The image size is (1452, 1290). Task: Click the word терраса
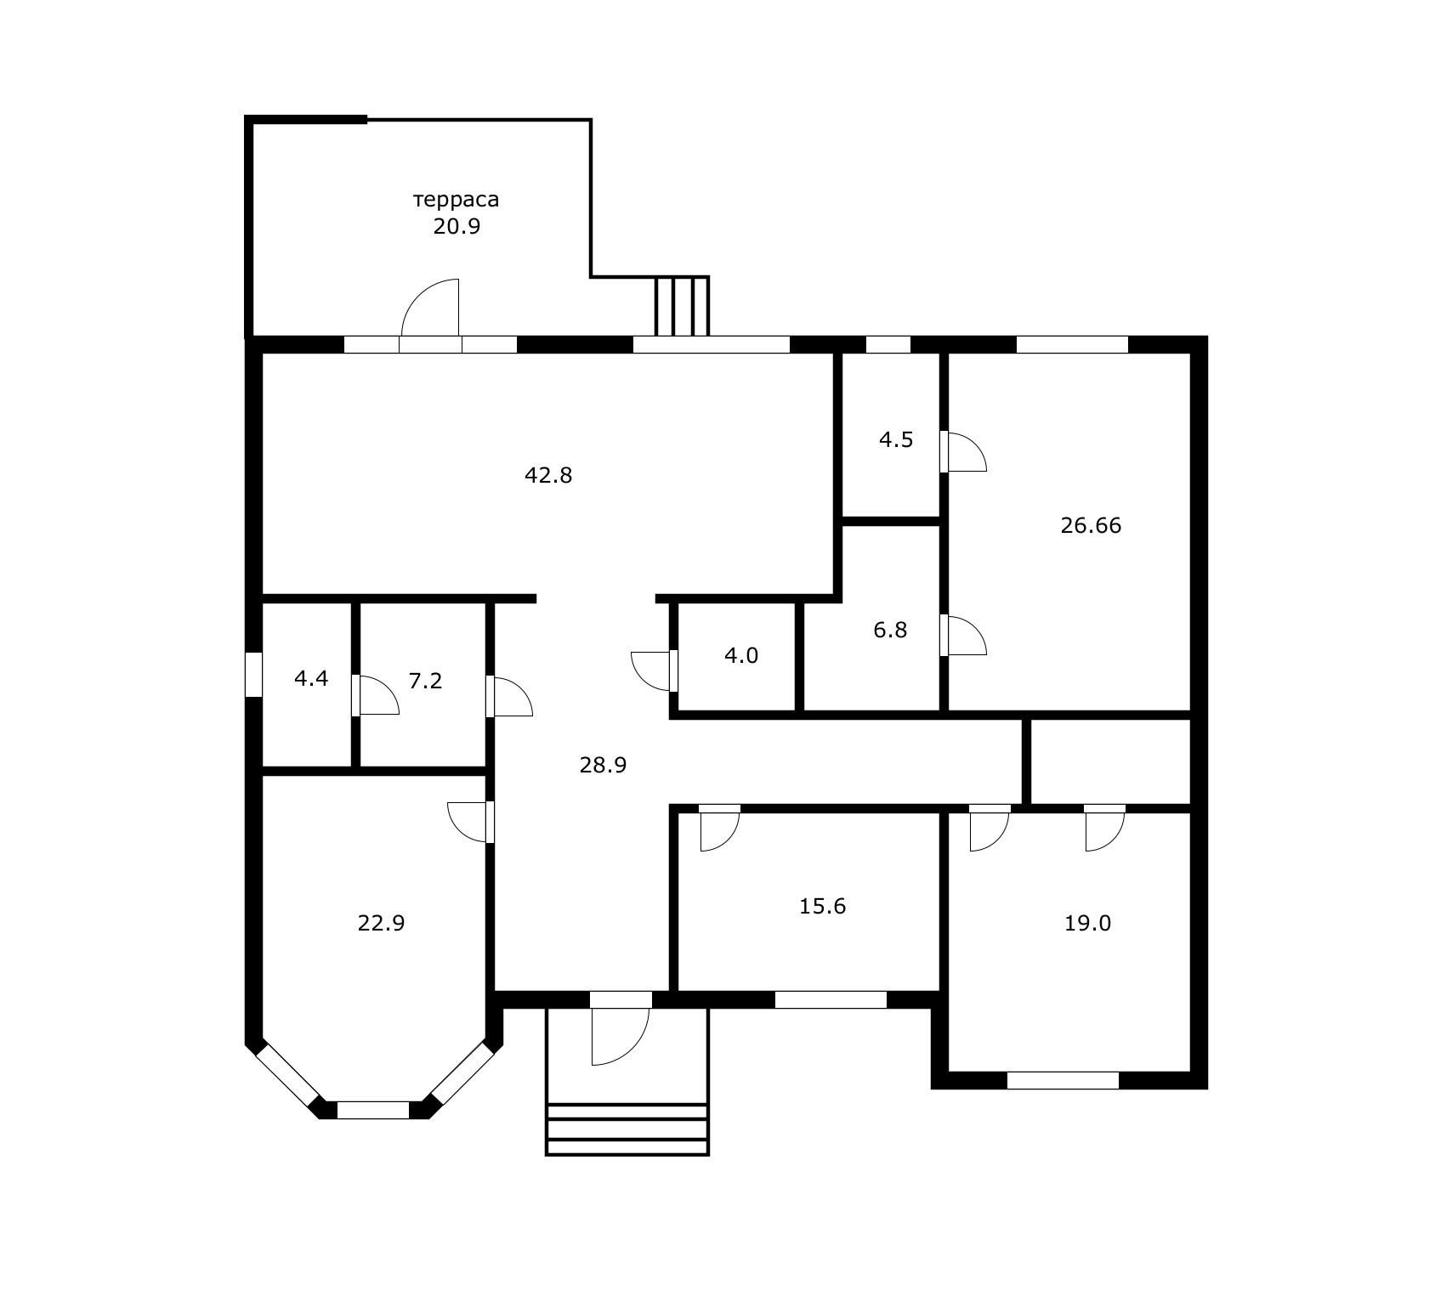[457, 200]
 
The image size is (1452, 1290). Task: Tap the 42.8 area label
[548, 475]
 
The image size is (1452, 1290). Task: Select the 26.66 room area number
[1091, 525]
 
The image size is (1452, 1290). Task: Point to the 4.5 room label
[896, 439]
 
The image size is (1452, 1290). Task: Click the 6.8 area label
[890, 630]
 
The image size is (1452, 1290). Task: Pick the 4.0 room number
[740, 655]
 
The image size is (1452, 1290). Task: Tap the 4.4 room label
[311, 678]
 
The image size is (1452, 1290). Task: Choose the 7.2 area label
[425, 681]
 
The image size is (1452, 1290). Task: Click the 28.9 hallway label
[603, 765]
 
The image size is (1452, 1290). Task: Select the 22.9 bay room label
[381, 923]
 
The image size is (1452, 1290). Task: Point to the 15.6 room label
[822, 906]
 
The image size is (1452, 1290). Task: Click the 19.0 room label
[1087, 923]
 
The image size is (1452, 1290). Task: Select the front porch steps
[627, 1129]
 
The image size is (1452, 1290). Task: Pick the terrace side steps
[682, 306]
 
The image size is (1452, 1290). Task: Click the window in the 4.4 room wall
[253, 675]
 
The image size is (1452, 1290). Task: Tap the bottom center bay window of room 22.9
[373, 1110]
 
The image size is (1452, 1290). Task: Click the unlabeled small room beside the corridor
[1110, 761]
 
